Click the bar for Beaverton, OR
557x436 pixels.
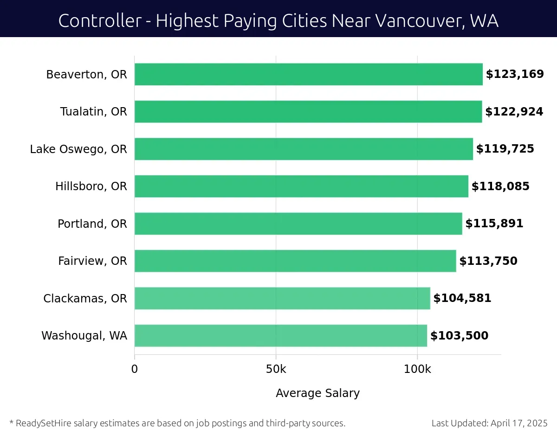[308, 74]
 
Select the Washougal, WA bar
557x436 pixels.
[280, 336]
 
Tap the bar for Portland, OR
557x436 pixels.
[298, 224]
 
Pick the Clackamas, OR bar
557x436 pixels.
[282, 298]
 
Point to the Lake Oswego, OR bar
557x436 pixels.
[304, 149]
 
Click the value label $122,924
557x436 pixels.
[514, 112]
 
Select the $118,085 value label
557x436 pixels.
[500, 186]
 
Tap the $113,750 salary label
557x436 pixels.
[488, 261]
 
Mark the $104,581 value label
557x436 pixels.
[462, 298]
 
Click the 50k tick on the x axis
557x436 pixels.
[276, 370]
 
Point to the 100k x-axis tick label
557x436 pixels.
[417, 370]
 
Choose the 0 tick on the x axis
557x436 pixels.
[135, 370]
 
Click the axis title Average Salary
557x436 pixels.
[317, 393]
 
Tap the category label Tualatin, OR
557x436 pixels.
[93, 112]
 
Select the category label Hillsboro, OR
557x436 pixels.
[91, 186]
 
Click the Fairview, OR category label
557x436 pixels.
[92, 261]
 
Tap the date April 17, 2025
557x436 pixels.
[518, 423]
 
